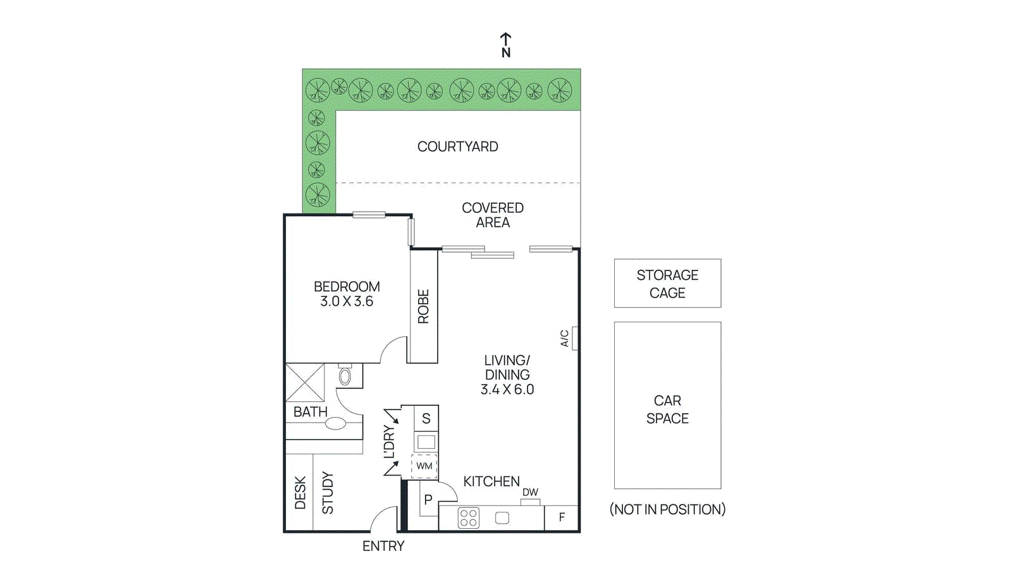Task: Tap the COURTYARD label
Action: [x=457, y=147]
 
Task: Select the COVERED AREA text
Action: [x=493, y=215]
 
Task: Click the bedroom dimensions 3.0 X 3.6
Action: [x=347, y=301]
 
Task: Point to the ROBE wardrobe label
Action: [x=424, y=306]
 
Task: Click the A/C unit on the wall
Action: [x=575, y=338]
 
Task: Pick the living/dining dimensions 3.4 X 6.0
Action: [x=507, y=389]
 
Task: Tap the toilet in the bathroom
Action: [x=345, y=376]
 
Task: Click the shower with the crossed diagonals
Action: [x=305, y=382]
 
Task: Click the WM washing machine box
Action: [x=424, y=466]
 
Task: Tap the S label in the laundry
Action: [x=426, y=418]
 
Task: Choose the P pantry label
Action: [x=428, y=500]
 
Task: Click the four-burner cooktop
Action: [x=469, y=518]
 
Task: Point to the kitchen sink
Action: [x=502, y=518]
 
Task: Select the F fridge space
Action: [x=562, y=517]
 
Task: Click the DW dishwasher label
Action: [x=530, y=492]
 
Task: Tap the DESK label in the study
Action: [x=300, y=493]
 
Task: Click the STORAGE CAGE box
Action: [x=667, y=284]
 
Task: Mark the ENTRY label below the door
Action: [x=383, y=546]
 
